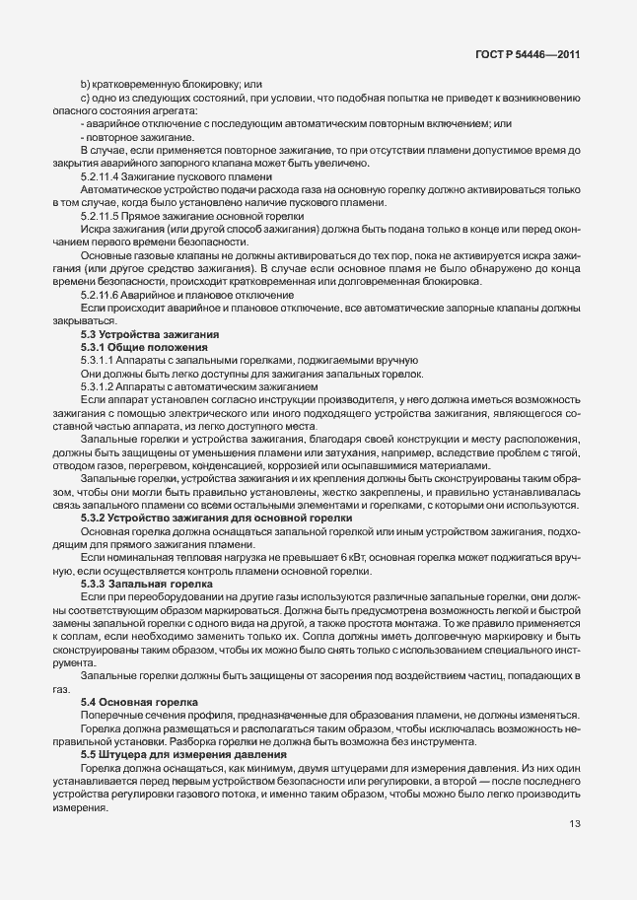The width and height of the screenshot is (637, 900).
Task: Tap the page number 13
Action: [574, 823]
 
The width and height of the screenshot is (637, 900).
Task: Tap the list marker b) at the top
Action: [85, 84]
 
